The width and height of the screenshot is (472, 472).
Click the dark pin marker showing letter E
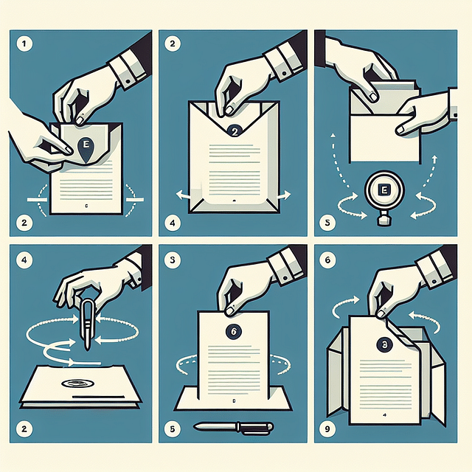[87, 147]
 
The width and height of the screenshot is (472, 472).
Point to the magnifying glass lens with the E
[383, 191]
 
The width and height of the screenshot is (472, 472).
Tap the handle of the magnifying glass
[383, 219]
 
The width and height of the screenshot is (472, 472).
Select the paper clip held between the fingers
[88, 322]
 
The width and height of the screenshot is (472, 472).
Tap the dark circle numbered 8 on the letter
[384, 344]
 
